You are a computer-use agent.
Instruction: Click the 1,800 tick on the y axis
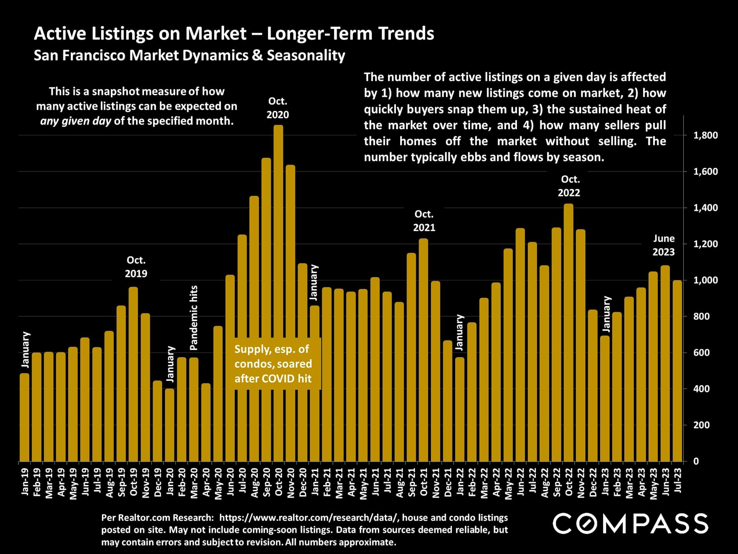[705, 135]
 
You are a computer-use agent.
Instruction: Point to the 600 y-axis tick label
[701, 353]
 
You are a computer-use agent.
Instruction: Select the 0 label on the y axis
[696, 461]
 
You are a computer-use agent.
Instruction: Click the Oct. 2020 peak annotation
[278, 108]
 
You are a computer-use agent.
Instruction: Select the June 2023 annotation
[663, 245]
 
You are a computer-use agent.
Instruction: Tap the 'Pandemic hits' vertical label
[194, 318]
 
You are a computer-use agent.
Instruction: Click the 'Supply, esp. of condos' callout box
[273, 364]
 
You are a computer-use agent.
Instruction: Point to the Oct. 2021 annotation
[424, 221]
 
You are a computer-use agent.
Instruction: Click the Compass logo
[630, 524]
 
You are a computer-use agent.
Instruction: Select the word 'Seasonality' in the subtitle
[306, 55]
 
